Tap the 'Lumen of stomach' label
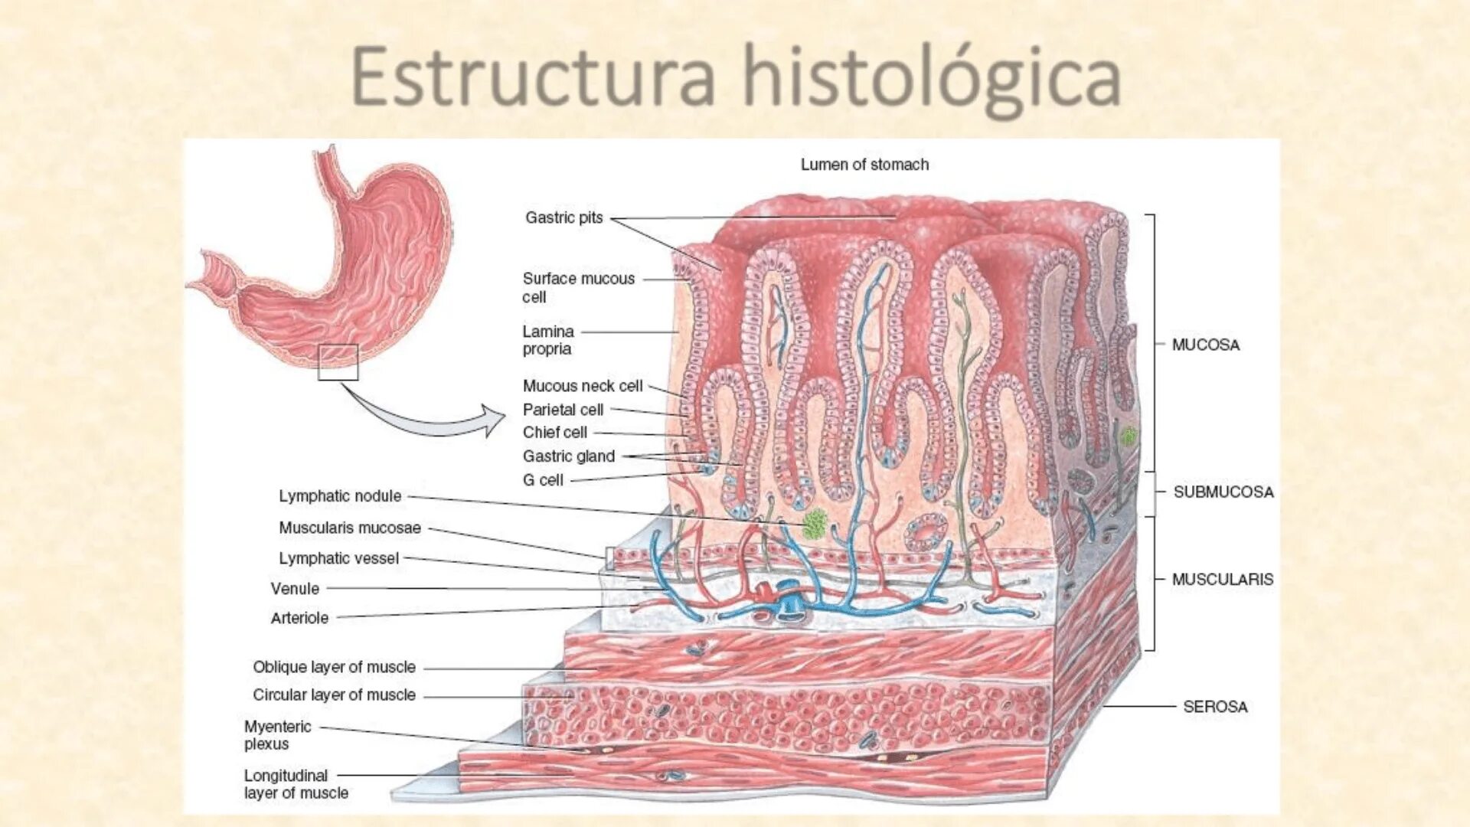(x=864, y=165)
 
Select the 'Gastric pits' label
(x=564, y=217)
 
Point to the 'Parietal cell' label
(x=563, y=410)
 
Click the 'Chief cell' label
(x=554, y=432)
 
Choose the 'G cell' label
(x=543, y=480)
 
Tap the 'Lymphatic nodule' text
(x=340, y=496)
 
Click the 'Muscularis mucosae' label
(x=350, y=528)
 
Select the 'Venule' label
(x=295, y=589)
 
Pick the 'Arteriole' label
(x=299, y=618)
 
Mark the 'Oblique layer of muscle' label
(x=334, y=667)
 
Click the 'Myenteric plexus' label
(x=277, y=735)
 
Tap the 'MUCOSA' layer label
(x=1205, y=345)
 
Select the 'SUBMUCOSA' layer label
(x=1223, y=492)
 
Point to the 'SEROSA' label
(x=1215, y=706)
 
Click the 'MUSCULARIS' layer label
(x=1223, y=580)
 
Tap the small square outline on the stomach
(x=338, y=362)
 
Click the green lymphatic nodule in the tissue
(x=815, y=523)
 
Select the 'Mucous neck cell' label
(x=583, y=386)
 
